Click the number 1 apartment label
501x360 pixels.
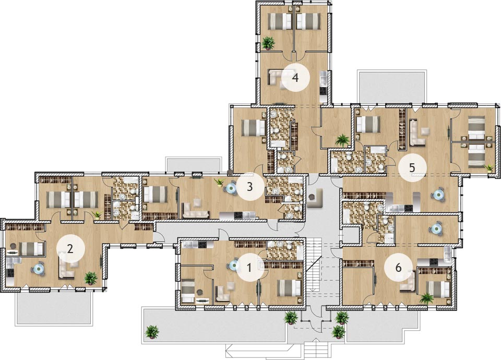tap(249, 267)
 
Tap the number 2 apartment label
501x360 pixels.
tap(70, 248)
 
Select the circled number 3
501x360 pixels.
tap(250, 187)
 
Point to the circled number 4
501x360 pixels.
tap(295, 78)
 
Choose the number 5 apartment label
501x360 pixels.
tap(412, 167)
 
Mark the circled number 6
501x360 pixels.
tap(398, 267)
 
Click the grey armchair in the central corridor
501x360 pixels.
tap(315, 198)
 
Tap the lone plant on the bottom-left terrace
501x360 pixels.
tap(152, 332)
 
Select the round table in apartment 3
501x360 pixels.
tap(230, 189)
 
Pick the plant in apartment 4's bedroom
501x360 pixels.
tap(268, 43)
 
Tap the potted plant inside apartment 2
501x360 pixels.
tap(91, 278)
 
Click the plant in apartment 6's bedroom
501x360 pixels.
tap(426, 298)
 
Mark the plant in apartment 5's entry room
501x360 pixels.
tap(342, 140)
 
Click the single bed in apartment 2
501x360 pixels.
tap(31, 248)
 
